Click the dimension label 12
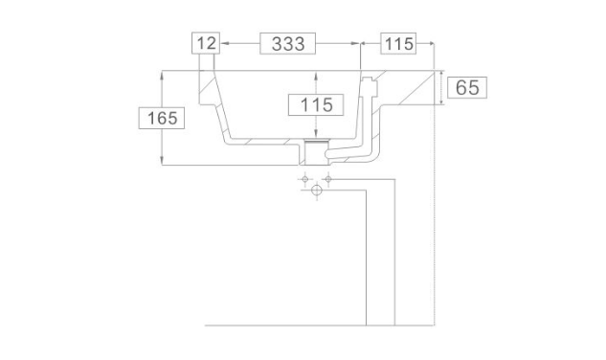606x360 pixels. pyautogui.click(x=206, y=43)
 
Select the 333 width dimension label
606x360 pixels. pyautogui.click(x=288, y=44)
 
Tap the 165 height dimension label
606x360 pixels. pyautogui.click(x=162, y=118)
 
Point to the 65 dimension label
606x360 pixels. pyautogui.click(x=467, y=87)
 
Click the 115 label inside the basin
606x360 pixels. pyautogui.click(x=316, y=104)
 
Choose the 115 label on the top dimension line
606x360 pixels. pyautogui.click(x=399, y=44)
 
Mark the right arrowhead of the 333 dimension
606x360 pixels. pyautogui.click(x=355, y=43)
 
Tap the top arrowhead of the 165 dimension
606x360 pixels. pyautogui.click(x=162, y=75)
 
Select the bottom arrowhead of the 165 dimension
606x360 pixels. pyautogui.click(x=162, y=161)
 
